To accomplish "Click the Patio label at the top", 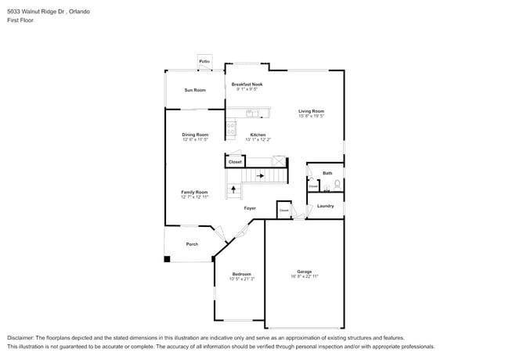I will point(204,61).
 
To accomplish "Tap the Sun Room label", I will point(195,90).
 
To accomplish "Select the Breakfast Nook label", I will point(247,84).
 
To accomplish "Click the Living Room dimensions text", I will point(311,116).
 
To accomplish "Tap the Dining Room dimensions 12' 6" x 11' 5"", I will point(195,139).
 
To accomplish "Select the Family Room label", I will point(194,192).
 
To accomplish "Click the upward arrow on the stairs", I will point(233,189).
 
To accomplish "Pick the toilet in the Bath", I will point(337,185).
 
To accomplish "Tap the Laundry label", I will point(326,206).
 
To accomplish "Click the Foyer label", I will point(250,208).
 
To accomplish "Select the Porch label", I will point(192,244).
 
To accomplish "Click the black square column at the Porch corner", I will point(167,259).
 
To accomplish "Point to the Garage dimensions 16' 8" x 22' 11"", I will point(304,276).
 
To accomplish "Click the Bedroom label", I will point(242,273).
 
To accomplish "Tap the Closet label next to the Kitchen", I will point(235,162).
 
